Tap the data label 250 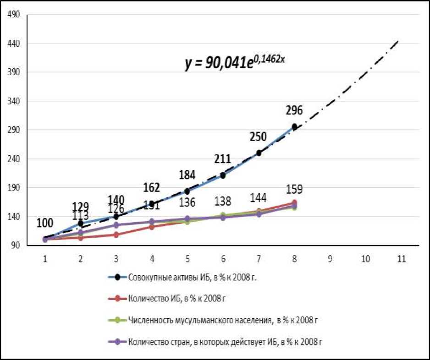(x=258, y=136)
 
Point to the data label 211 (x=222, y=159)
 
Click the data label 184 (x=187, y=175)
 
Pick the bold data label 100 (x=45, y=223)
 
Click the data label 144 (x=258, y=197)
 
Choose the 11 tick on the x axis (x=401, y=259)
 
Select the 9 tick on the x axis (x=330, y=259)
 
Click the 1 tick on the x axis (x=45, y=259)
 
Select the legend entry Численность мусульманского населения (x=223, y=320)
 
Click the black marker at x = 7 (x=259, y=153)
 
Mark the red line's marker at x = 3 (x=116, y=235)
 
